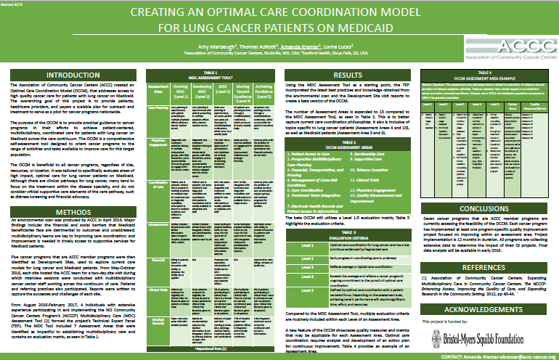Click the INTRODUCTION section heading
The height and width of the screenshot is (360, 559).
click(x=68, y=75)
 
